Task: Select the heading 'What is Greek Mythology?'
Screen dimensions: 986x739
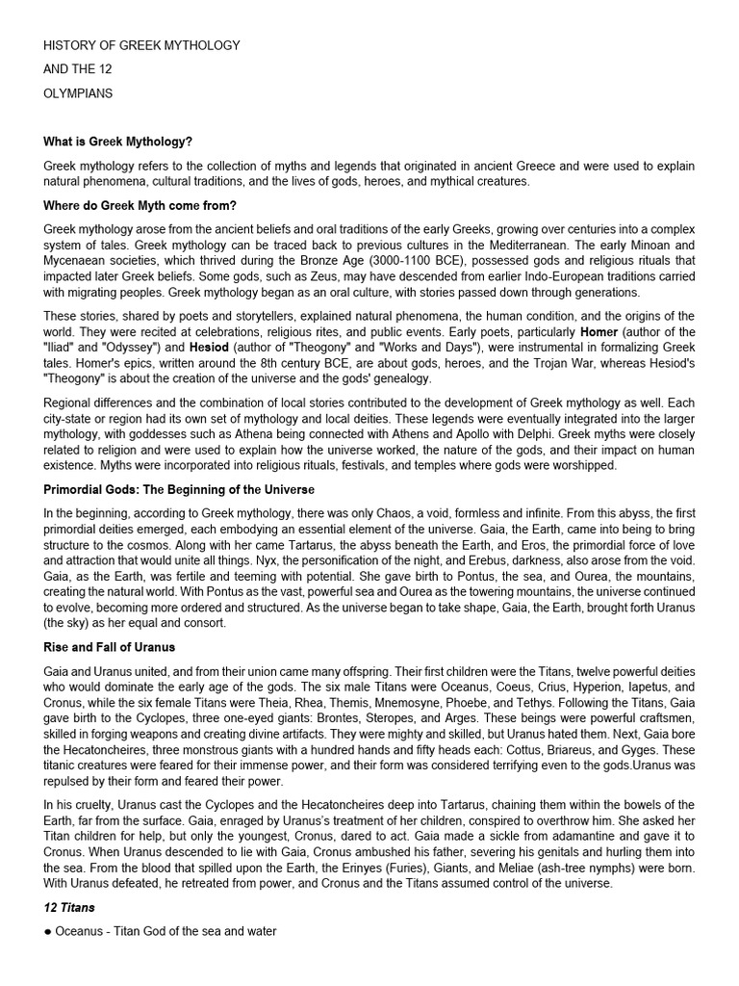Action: pyautogui.click(x=116, y=142)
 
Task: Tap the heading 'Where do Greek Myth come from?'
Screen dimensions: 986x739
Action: pyautogui.click(x=140, y=205)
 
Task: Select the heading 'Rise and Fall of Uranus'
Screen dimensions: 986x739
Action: pyautogui.click(x=114, y=646)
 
